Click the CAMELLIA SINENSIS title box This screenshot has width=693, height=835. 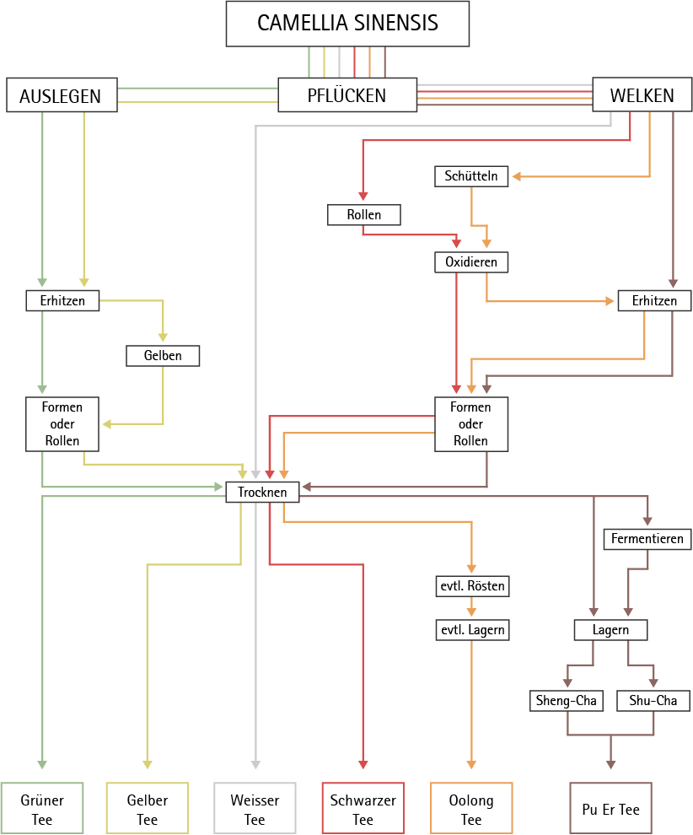pos(347,23)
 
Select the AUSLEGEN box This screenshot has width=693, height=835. pos(60,95)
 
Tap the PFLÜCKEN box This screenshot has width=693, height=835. pos(347,95)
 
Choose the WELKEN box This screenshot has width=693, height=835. pos(642,95)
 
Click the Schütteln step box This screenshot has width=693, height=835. pos(471,175)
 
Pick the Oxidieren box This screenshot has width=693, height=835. pos(471,262)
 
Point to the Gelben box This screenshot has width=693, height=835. pos(164,356)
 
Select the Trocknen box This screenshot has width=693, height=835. pos(262,492)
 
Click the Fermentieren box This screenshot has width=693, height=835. pos(647,538)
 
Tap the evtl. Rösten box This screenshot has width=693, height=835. pos(471,585)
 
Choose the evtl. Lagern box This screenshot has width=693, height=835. pos(471,629)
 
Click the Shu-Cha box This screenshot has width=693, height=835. pos(653,700)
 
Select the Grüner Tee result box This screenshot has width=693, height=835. pos(42,809)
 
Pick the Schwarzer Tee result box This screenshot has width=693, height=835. pos(363,809)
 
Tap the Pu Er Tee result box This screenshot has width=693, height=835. pos(610,809)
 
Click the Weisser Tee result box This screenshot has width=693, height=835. pos(255,809)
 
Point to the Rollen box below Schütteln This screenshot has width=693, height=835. pos(363,215)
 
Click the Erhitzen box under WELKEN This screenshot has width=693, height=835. pos(653,300)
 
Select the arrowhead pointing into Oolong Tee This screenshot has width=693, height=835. pos(471,763)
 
